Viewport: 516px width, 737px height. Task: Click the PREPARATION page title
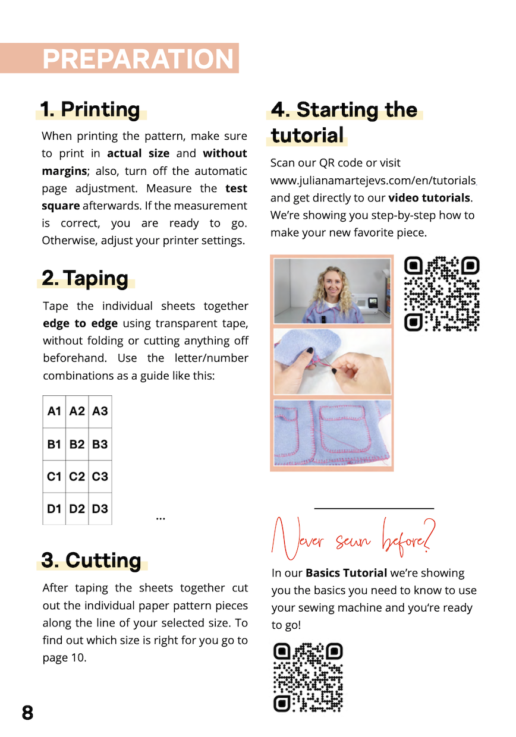click(x=138, y=59)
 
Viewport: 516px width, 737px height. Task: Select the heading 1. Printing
click(x=90, y=109)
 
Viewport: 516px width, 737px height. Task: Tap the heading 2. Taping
click(x=86, y=278)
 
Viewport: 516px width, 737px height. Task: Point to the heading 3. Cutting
click(x=92, y=560)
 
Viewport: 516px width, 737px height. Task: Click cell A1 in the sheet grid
click(x=55, y=411)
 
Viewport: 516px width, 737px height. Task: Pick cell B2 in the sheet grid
click(x=77, y=444)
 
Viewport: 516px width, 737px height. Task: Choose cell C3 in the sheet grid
click(x=100, y=477)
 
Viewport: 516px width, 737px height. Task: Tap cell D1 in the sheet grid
click(x=55, y=509)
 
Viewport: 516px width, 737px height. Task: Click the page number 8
click(x=27, y=713)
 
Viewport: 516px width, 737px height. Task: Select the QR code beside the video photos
click(x=442, y=294)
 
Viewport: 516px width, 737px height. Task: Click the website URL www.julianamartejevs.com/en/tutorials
click(x=373, y=180)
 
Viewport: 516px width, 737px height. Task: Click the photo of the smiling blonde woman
click(x=332, y=291)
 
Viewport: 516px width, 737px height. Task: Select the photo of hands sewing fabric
click(x=332, y=361)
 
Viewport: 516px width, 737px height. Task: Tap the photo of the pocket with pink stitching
click(x=332, y=432)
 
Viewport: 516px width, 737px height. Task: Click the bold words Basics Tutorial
click(x=347, y=573)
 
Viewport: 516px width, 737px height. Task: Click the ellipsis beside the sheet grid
click(x=161, y=518)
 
